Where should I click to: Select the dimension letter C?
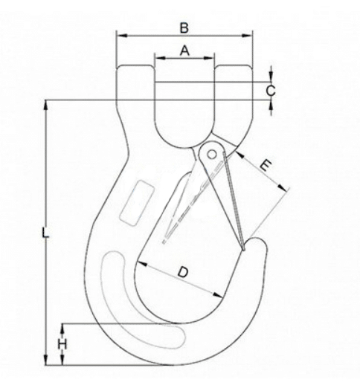point(271,91)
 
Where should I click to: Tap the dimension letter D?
point(182,274)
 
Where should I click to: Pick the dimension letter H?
point(63,344)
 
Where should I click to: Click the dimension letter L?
point(45,233)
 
